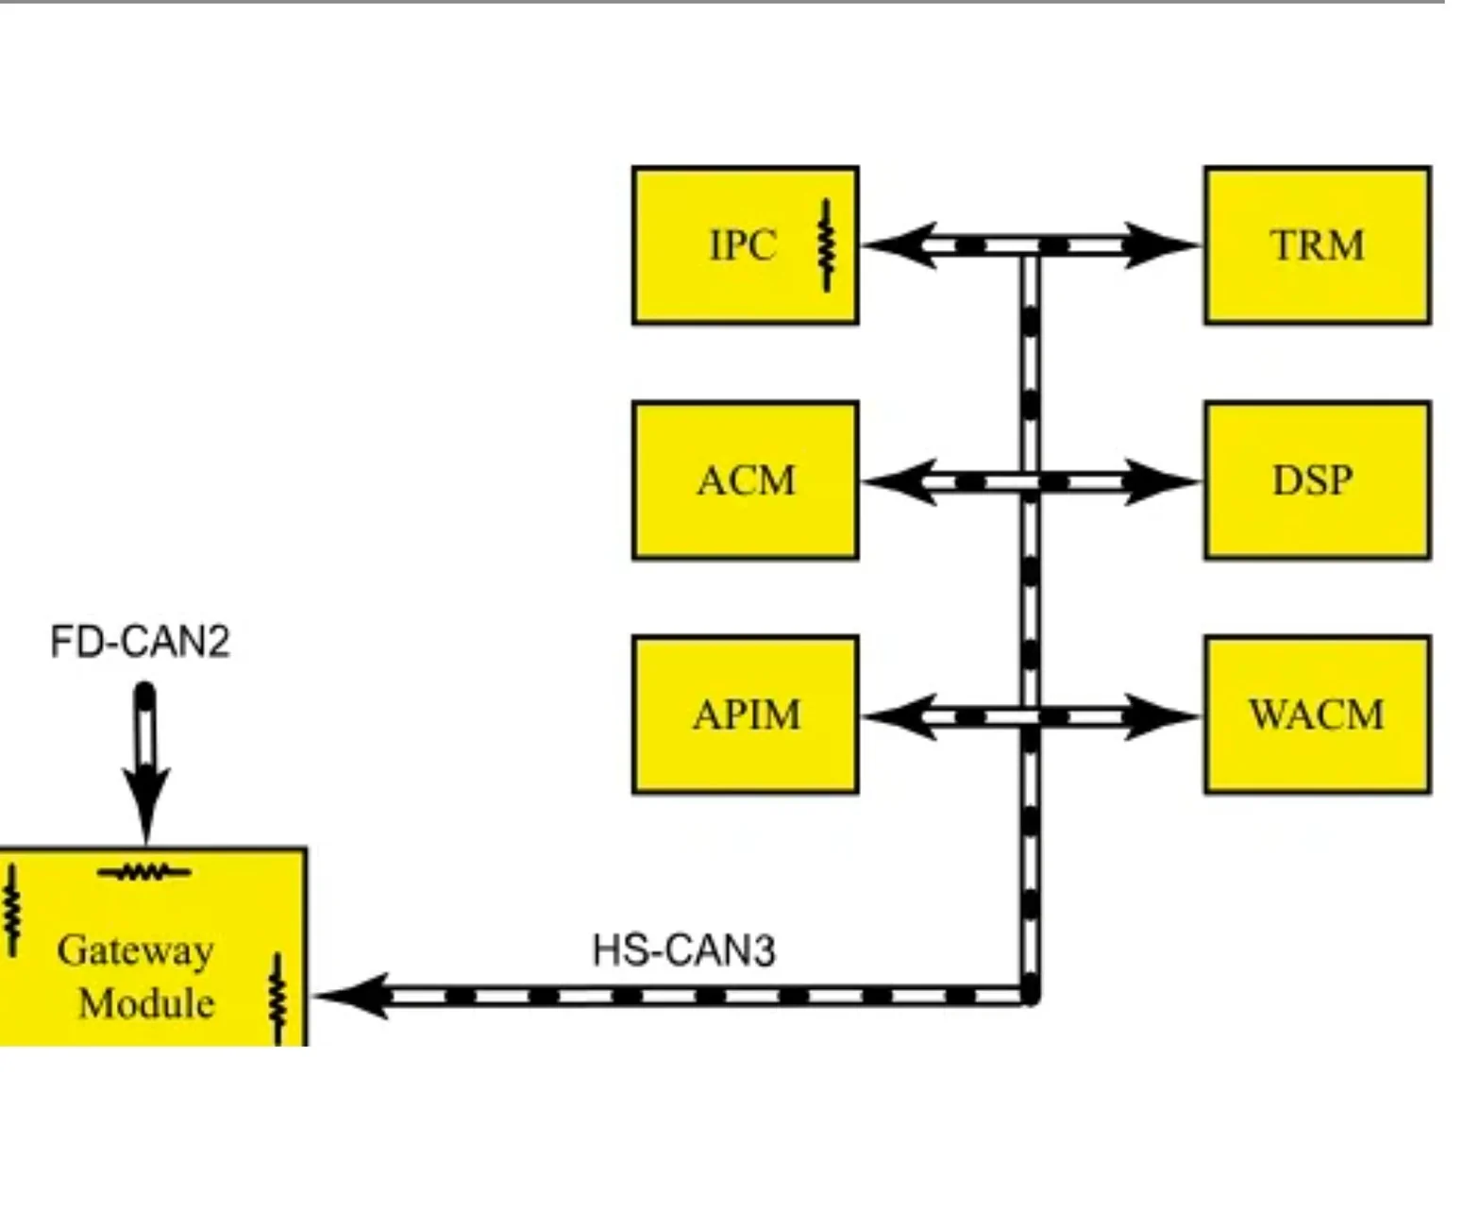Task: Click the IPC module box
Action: click(745, 245)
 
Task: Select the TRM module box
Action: click(1318, 245)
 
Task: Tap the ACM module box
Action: click(745, 480)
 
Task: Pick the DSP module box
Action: click(1318, 480)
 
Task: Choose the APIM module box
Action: click(745, 714)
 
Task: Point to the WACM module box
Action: click(1318, 714)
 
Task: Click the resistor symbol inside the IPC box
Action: click(827, 245)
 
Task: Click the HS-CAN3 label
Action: click(684, 950)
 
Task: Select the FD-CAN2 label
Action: click(140, 641)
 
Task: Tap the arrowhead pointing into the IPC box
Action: click(899, 245)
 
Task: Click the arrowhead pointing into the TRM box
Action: click(1163, 245)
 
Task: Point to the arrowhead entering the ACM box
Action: click(899, 481)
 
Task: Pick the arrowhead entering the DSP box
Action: click(1163, 481)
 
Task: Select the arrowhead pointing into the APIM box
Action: click(899, 716)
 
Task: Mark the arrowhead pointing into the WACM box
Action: click(1163, 716)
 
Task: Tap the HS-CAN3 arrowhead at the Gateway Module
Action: click(352, 996)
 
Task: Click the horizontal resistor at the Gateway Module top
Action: click(144, 872)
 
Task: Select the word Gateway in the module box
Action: click(135, 951)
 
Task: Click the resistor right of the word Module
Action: click(278, 1000)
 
